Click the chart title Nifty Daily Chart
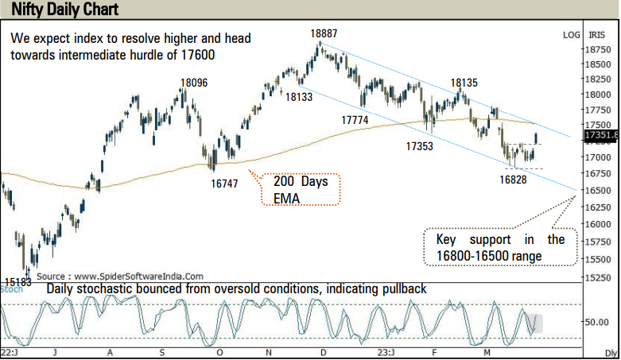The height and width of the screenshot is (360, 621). click(x=60, y=10)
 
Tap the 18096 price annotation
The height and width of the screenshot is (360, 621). click(x=194, y=83)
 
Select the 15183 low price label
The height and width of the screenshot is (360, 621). click(x=18, y=281)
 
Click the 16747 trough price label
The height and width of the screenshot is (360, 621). click(x=225, y=183)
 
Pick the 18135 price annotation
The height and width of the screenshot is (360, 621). click(x=464, y=83)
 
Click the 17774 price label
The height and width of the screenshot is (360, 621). click(x=355, y=119)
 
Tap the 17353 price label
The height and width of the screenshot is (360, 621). click(x=419, y=146)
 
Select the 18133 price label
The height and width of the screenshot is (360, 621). click(x=299, y=97)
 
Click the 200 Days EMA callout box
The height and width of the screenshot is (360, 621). click(x=301, y=189)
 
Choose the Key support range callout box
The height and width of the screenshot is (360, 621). click(x=500, y=247)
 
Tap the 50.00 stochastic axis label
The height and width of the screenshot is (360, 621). click(x=597, y=323)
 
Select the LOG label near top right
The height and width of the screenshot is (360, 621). click(x=571, y=35)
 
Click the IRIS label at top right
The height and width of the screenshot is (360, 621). click(x=597, y=35)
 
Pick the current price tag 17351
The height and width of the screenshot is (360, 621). click(x=600, y=136)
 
